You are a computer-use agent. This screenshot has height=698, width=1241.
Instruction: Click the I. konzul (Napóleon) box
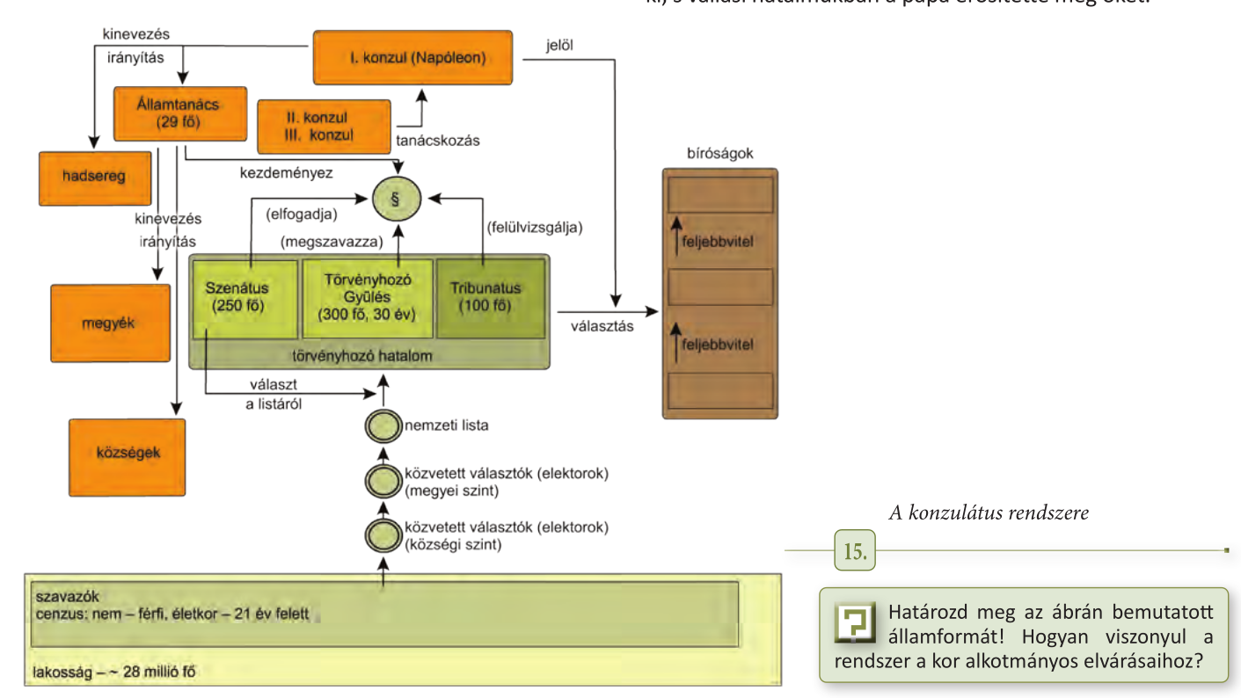point(412,58)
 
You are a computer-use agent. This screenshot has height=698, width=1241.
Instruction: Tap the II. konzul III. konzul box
point(324,127)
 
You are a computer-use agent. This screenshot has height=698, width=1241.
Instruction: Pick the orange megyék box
point(110,323)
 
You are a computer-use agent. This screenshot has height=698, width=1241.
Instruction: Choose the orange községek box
point(127,457)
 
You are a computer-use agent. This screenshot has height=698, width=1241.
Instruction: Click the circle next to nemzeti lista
point(381,426)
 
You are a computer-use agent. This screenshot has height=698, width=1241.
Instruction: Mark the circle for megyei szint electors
point(382,481)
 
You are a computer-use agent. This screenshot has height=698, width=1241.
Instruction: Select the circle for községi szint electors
point(382,534)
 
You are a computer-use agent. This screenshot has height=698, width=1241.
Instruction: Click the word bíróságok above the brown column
point(719,154)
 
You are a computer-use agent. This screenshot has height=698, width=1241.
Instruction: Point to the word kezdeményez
point(286,173)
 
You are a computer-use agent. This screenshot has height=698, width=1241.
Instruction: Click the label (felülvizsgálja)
point(535,227)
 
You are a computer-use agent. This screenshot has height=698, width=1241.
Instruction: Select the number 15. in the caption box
point(854,552)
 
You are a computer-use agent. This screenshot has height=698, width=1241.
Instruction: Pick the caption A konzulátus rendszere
point(988,513)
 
